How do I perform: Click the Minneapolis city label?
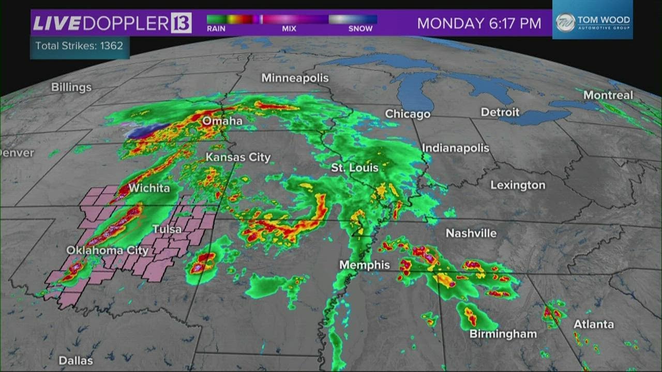point(295,78)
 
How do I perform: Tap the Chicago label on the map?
point(408,114)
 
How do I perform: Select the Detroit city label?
point(500,112)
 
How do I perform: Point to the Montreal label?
point(608,95)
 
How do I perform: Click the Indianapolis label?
point(455,148)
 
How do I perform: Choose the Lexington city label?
point(517,185)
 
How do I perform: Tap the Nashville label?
point(471,234)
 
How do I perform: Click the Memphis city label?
point(364,265)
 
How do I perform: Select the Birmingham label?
point(503,334)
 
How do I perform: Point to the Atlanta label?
point(593,324)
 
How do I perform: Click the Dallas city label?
point(76,361)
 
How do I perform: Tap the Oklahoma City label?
point(107,251)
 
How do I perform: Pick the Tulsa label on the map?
point(167,229)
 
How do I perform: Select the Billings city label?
point(71,87)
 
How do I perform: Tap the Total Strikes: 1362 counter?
point(79,46)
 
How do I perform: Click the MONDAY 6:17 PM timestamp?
point(479,23)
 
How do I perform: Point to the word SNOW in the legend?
point(360,29)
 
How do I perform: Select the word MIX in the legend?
point(289,29)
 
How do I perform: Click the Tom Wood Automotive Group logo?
point(592,23)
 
